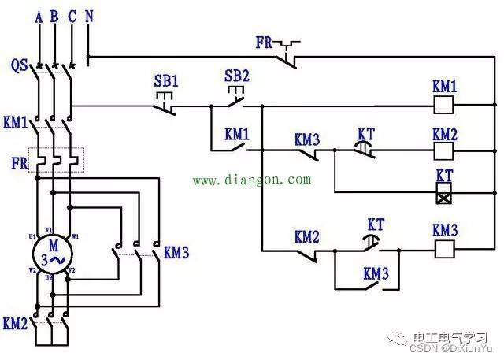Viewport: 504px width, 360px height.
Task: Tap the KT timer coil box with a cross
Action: click(x=444, y=191)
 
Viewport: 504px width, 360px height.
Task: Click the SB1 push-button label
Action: click(x=166, y=81)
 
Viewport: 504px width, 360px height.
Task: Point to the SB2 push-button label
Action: click(x=236, y=76)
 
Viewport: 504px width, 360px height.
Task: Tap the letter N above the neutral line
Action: click(x=89, y=15)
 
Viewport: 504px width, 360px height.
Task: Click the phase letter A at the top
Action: click(x=39, y=15)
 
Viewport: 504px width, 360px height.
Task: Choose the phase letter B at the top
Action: click(x=54, y=15)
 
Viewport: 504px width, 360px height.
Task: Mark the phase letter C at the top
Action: click(x=72, y=15)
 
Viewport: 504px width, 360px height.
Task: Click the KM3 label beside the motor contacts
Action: click(x=176, y=253)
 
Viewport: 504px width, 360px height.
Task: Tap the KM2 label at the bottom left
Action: click(x=15, y=324)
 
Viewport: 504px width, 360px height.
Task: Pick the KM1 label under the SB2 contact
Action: click(x=236, y=133)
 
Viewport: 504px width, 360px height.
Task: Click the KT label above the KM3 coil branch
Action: click(x=376, y=226)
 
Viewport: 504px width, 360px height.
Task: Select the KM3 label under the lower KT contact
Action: click(x=376, y=273)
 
